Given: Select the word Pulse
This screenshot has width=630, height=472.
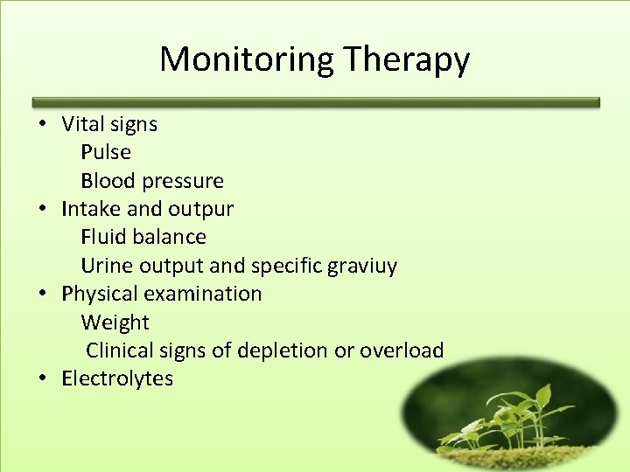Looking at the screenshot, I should (106, 152).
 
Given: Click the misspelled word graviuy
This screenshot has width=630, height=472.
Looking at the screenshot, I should (361, 266).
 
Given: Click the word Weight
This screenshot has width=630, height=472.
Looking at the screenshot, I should (115, 323).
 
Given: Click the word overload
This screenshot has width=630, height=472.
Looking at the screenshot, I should (402, 351).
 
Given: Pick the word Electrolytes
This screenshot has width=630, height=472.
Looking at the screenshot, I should (117, 378).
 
